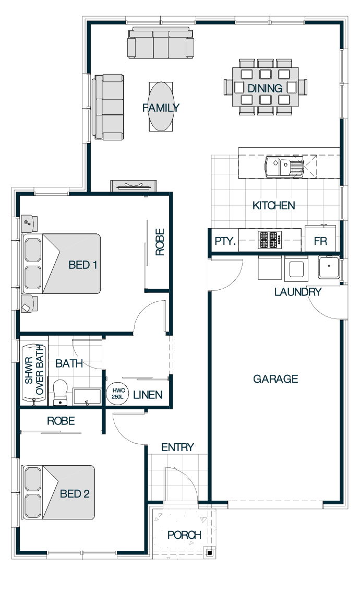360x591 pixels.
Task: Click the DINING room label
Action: pyautogui.click(x=265, y=88)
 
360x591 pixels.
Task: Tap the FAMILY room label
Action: pyautogui.click(x=161, y=108)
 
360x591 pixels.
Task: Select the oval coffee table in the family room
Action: pyautogui.click(x=161, y=107)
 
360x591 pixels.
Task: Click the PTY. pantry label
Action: pyautogui.click(x=225, y=241)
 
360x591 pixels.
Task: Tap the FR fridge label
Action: pyautogui.click(x=320, y=241)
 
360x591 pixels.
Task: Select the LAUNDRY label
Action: pyautogui.click(x=297, y=292)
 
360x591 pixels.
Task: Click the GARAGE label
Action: pyautogui.click(x=275, y=379)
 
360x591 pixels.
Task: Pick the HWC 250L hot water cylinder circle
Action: pyautogui.click(x=117, y=394)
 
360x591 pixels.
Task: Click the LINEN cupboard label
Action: pyautogui.click(x=148, y=395)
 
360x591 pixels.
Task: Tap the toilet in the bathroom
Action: pyautogui.click(x=60, y=392)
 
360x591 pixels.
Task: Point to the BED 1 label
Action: pyautogui.click(x=83, y=265)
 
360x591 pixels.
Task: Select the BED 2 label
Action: pyautogui.click(x=75, y=493)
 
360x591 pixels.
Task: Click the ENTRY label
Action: pyautogui.click(x=177, y=447)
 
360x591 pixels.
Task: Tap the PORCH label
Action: pyautogui.click(x=184, y=535)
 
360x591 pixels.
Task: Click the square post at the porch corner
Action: pyautogui.click(x=209, y=553)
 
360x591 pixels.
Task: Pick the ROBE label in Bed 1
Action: pyautogui.click(x=160, y=242)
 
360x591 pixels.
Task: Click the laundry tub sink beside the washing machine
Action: pyautogui.click(x=329, y=266)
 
